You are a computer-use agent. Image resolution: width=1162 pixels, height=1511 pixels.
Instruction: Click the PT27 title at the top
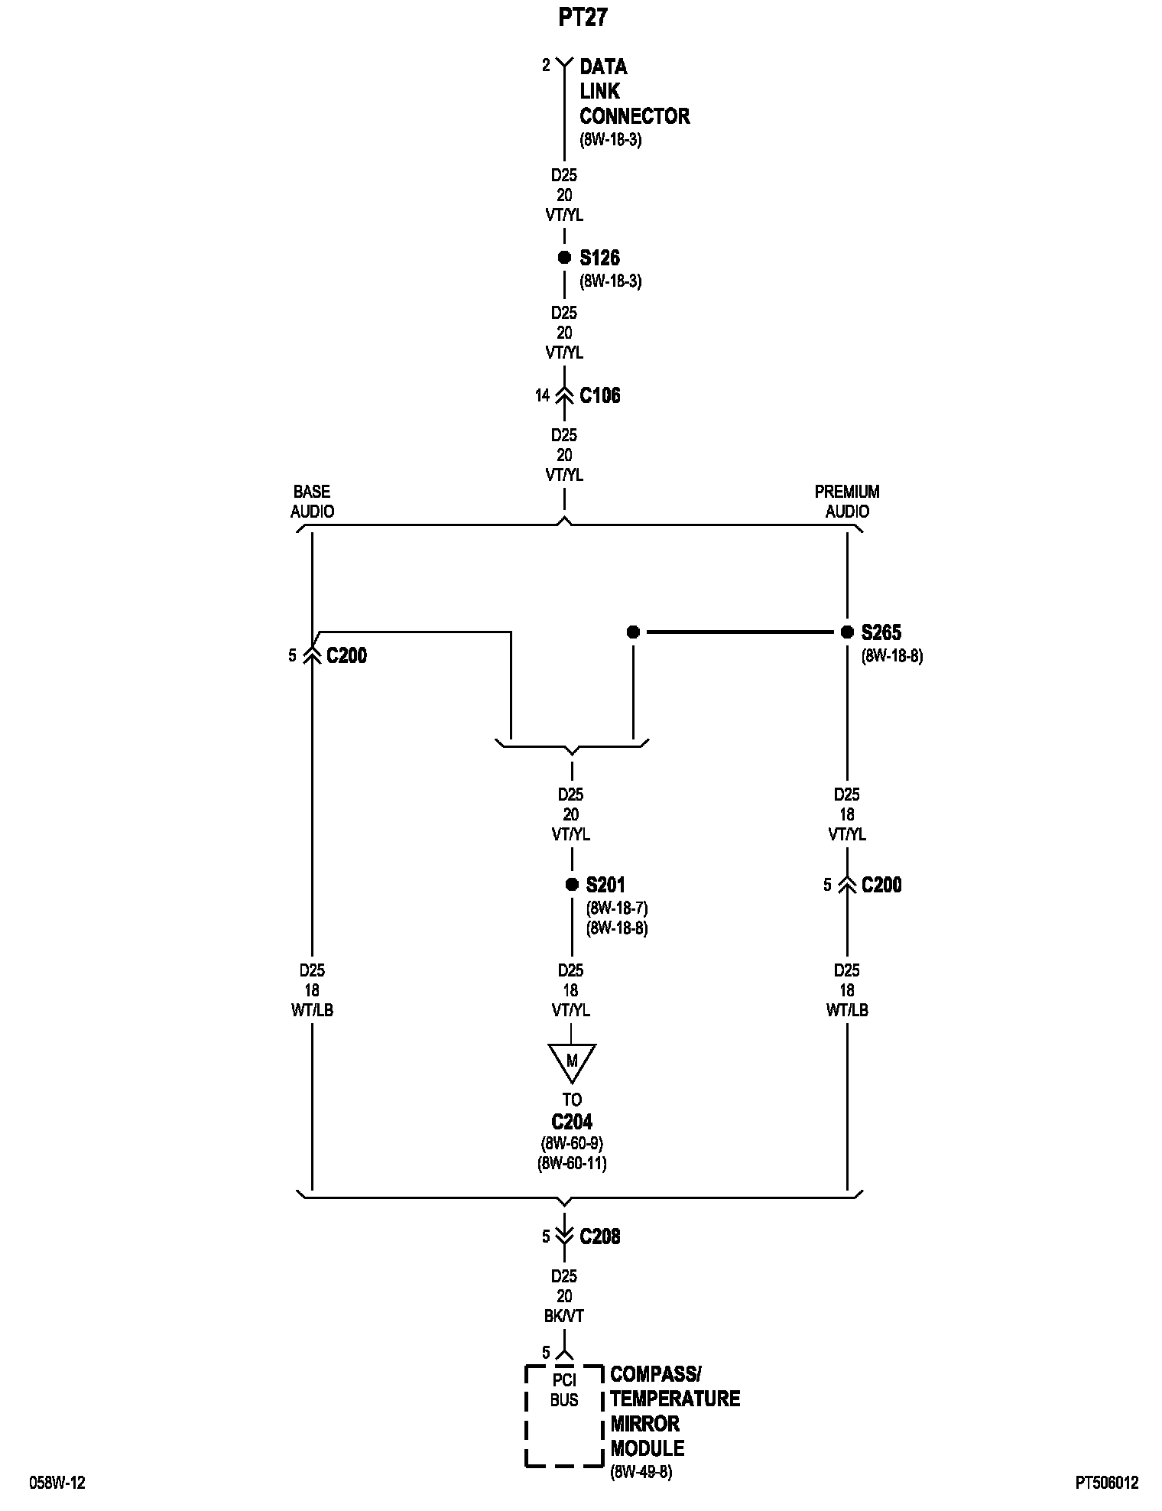[582, 18]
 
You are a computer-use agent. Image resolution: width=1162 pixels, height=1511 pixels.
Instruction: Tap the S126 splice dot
[564, 258]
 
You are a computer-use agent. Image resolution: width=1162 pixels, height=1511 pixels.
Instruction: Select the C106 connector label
[600, 395]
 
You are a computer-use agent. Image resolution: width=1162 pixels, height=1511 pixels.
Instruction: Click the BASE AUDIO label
[312, 501]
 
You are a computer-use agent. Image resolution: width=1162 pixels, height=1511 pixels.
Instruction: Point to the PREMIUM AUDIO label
[847, 501]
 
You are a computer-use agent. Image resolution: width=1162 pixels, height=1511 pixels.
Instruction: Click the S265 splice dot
[847, 632]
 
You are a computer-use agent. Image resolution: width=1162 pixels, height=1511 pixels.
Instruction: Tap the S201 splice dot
[571, 885]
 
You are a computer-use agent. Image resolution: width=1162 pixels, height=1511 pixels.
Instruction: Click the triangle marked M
[571, 1061]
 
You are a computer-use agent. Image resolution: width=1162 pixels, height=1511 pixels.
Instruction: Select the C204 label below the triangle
[572, 1122]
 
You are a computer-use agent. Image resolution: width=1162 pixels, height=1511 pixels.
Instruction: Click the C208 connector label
[600, 1236]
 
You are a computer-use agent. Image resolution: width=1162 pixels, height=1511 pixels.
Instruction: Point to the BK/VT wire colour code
[564, 1316]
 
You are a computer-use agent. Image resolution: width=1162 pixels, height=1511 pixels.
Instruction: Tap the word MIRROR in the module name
[644, 1424]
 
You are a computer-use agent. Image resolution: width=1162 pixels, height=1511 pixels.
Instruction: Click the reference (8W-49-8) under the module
[641, 1473]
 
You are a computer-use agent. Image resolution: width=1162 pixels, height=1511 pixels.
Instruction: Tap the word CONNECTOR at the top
[635, 116]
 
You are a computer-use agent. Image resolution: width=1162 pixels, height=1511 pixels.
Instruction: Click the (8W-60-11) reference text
[573, 1163]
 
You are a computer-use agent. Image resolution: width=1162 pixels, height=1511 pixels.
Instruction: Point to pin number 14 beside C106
[542, 395]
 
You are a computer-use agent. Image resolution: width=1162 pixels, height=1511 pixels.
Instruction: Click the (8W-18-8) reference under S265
[892, 655]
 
